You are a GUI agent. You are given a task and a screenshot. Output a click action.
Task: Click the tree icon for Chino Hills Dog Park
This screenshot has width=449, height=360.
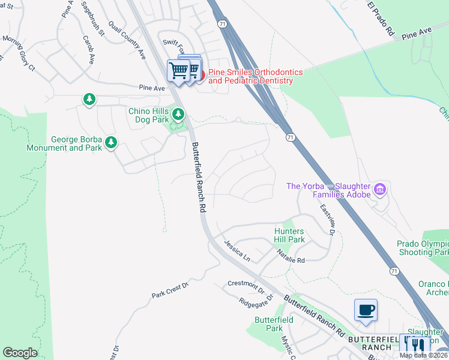point(178,113)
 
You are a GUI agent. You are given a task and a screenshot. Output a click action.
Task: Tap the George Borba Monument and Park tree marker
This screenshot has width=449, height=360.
point(110,142)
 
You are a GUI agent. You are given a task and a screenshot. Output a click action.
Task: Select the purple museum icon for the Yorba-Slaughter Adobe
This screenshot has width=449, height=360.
point(379,190)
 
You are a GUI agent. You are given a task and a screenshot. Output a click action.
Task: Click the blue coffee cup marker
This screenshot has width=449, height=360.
point(366,310)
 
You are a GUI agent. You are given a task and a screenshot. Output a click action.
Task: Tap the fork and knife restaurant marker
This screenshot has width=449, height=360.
point(418,346)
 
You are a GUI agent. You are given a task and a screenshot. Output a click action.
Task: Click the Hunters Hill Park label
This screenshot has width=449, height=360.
point(289,235)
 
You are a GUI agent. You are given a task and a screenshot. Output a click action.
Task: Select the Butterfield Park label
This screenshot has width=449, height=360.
point(274,324)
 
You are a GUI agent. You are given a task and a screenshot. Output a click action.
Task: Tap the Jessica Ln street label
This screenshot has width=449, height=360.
point(237,251)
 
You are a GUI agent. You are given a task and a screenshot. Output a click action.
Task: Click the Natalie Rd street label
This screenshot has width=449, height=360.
point(291,257)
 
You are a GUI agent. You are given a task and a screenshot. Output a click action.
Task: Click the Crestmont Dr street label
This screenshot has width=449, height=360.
point(246,286)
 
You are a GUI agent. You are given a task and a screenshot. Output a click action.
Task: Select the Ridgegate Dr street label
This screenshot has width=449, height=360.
point(256,301)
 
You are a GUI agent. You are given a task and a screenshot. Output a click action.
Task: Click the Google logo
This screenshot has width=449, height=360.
point(20,352)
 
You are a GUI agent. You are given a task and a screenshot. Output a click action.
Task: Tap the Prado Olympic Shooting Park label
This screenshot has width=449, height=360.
point(423,248)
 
